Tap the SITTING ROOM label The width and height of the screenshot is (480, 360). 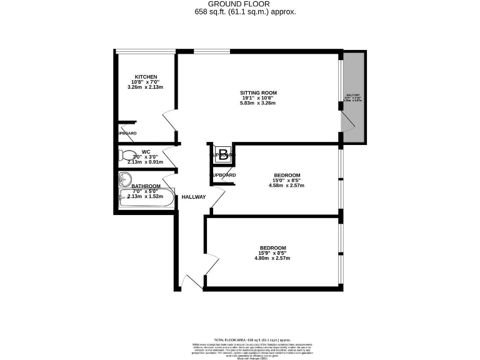pyautogui.click(x=259, y=93)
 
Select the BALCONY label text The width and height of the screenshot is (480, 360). pyautogui.click(x=353, y=96)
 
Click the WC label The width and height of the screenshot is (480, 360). pyautogui.click(x=146, y=151)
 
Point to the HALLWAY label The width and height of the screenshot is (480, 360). pyautogui.click(x=194, y=197)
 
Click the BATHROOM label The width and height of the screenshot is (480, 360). pyautogui.click(x=146, y=186)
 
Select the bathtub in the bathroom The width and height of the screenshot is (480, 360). pyautogui.click(x=146, y=199)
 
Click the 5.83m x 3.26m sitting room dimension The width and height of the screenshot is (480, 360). pyautogui.click(x=259, y=103)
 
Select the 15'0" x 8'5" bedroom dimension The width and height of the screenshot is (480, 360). pyautogui.click(x=287, y=180)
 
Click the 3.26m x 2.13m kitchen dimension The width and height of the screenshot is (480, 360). pyautogui.click(x=145, y=87)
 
